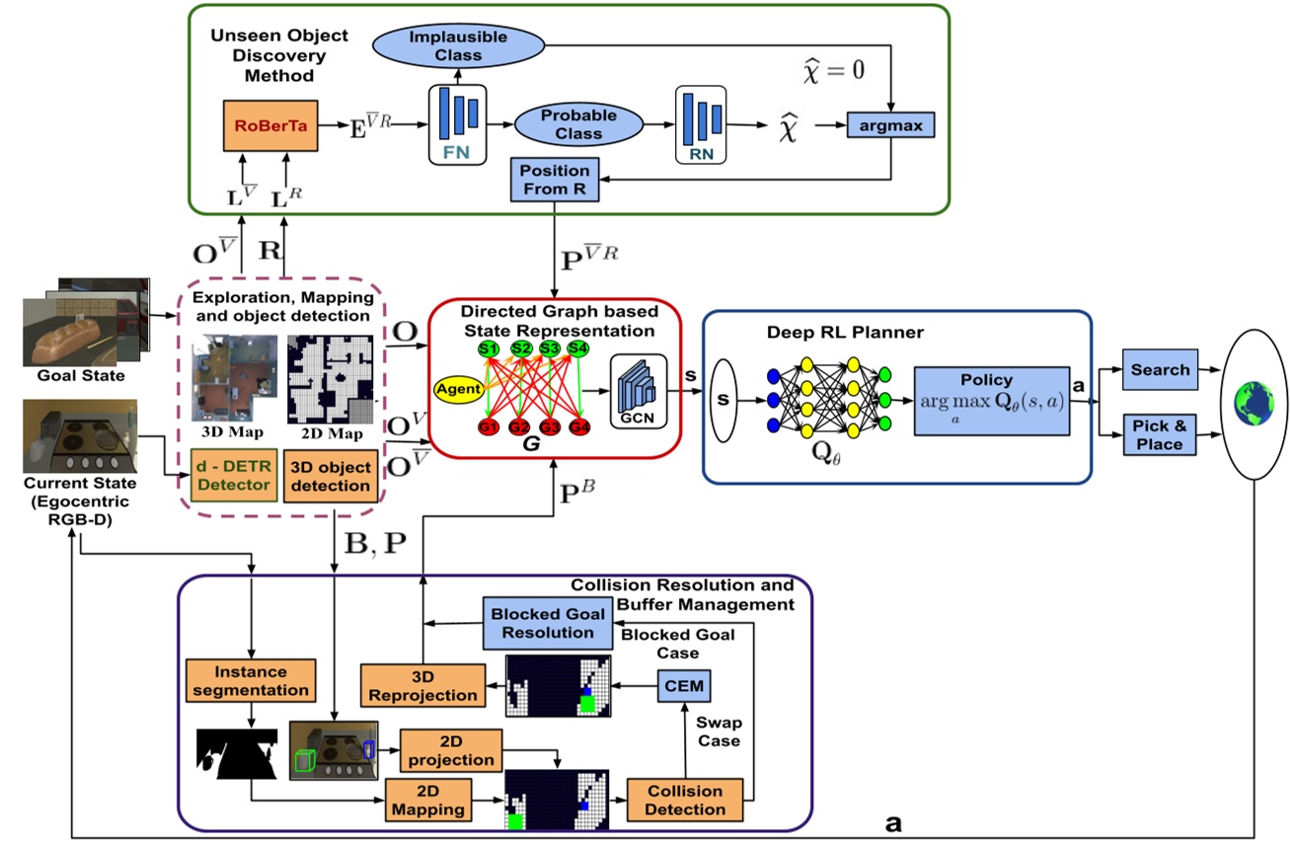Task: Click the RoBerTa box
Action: pyautogui.click(x=270, y=126)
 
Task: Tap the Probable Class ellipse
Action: pyautogui.click(x=577, y=124)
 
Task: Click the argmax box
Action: pyautogui.click(x=891, y=126)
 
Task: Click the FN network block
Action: pyautogui.click(x=458, y=124)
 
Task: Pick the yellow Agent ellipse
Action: pyautogui.click(x=461, y=387)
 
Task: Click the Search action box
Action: pyautogui.click(x=1160, y=370)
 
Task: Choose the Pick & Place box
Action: pyautogui.click(x=1160, y=435)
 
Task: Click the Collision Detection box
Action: pyautogui.click(x=685, y=800)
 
